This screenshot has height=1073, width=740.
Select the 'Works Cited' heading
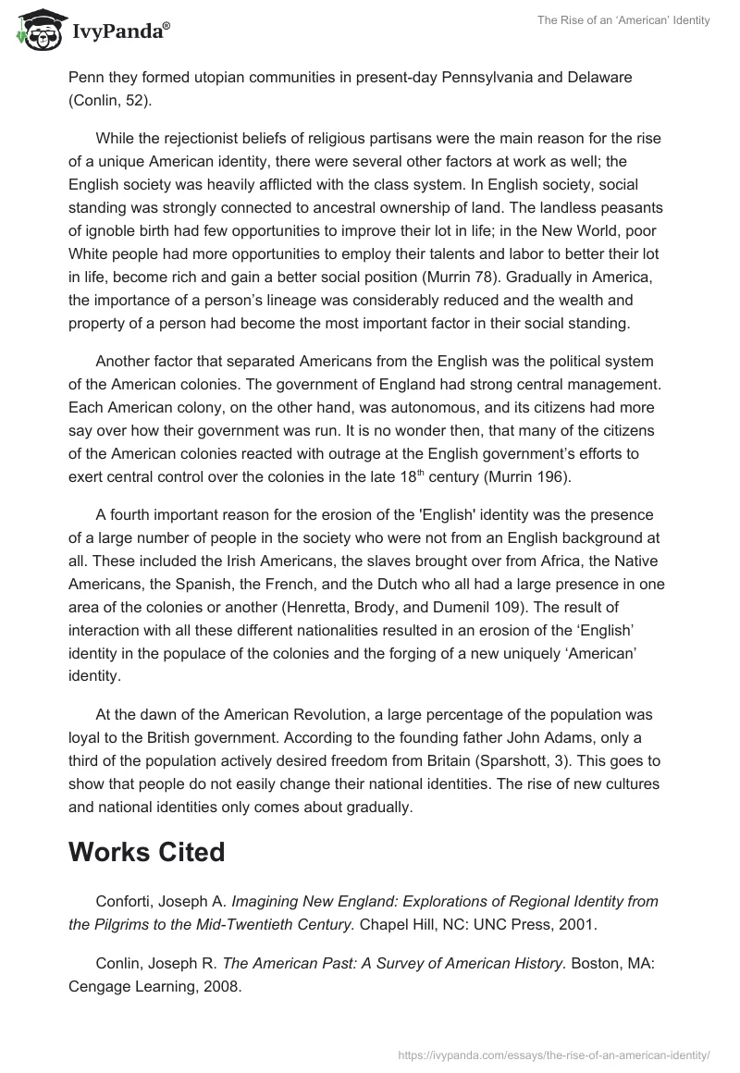[146, 852]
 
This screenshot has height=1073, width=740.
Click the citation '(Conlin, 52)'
[109, 101]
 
